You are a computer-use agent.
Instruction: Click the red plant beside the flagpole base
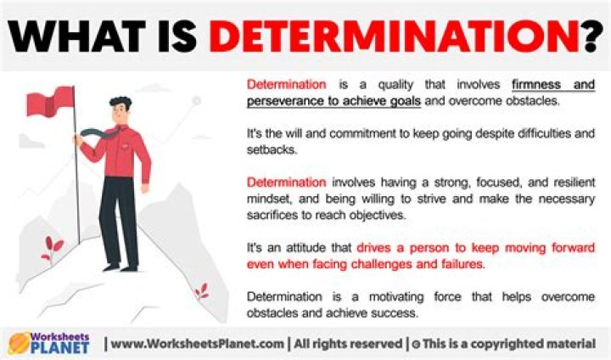click(x=53, y=248)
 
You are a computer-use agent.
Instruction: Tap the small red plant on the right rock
click(x=202, y=291)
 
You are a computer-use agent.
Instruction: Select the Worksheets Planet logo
click(x=50, y=342)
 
